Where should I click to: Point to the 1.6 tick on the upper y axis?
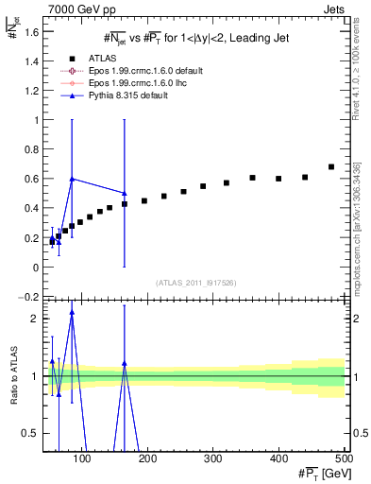(x=31, y=31)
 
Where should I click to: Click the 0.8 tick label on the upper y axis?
(x=31, y=149)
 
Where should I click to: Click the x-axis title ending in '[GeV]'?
(x=318, y=472)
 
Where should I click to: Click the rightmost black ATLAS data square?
(x=330, y=167)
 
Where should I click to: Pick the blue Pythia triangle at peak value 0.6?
(x=72, y=179)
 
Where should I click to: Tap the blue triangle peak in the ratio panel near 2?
(x=72, y=312)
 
